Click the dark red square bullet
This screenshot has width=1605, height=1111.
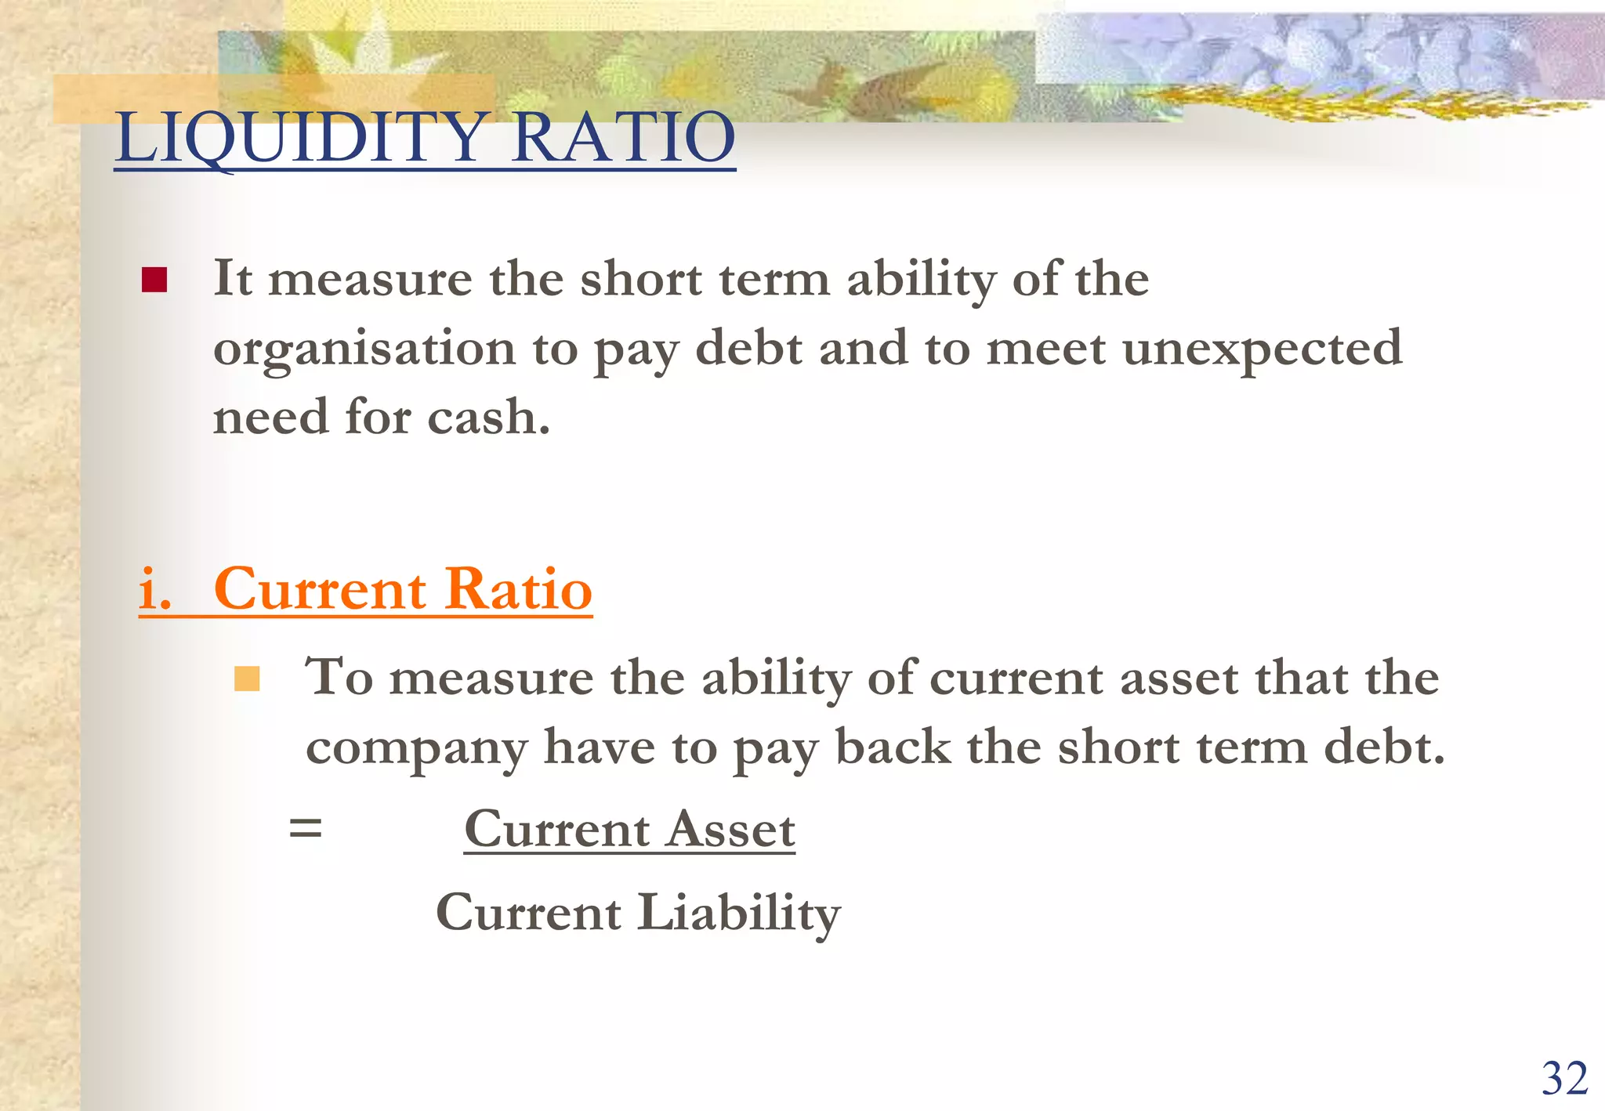tap(154, 280)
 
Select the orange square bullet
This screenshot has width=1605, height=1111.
tap(247, 679)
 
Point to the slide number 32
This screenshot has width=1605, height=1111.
tap(1564, 1078)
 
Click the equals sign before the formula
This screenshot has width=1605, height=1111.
tap(306, 827)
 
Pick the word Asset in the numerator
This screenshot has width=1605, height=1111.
tap(731, 829)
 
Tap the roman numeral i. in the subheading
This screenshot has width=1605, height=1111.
tap(155, 589)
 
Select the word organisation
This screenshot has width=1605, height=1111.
tap(364, 349)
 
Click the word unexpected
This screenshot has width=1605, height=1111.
tap(1262, 349)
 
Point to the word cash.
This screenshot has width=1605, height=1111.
tap(489, 417)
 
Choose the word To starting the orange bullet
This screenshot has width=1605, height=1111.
tap(339, 677)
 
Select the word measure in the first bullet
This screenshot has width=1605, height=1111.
tap(371, 280)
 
